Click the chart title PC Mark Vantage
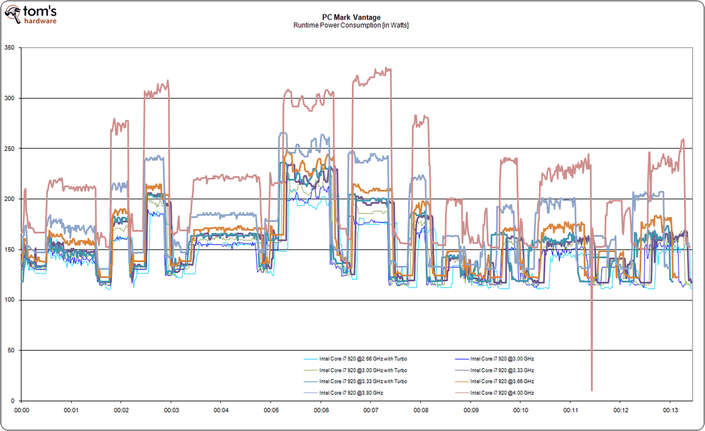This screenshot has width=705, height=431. pyautogui.click(x=351, y=18)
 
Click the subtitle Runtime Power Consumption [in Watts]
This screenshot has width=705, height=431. pyautogui.click(x=351, y=25)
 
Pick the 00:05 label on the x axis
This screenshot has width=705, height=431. pyautogui.click(x=271, y=410)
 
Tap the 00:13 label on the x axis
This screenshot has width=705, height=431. pyautogui.click(x=670, y=410)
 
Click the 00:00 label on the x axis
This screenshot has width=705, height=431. pyautogui.click(x=22, y=410)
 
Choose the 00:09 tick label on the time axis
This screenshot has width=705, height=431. pyautogui.click(x=471, y=410)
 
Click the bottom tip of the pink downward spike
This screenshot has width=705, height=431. pyautogui.click(x=592, y=390)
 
